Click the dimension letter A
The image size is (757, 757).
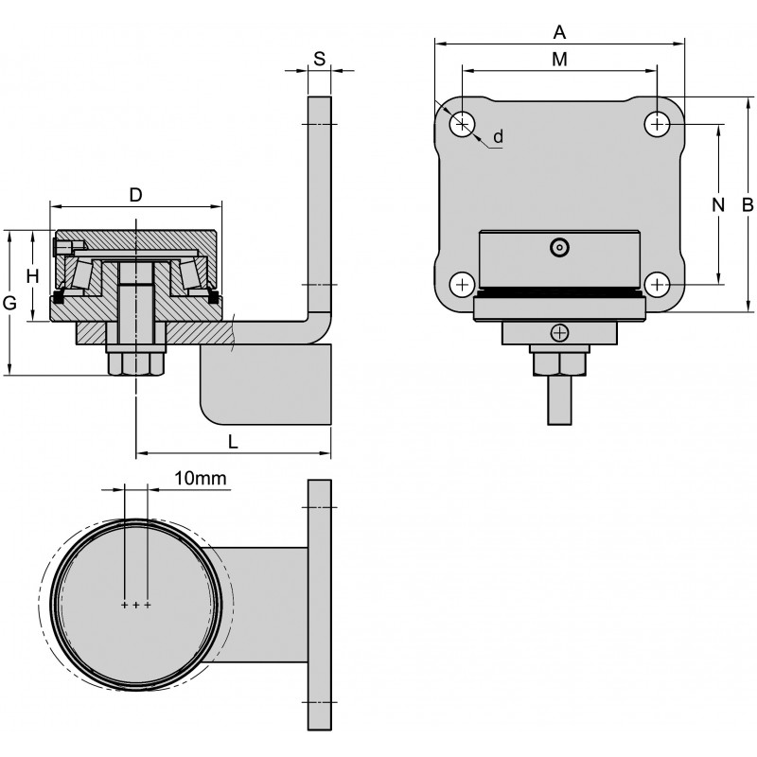point(559,32)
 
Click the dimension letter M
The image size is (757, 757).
point(559,60)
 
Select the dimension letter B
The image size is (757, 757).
point(748,203)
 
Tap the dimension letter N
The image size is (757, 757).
point(717,203)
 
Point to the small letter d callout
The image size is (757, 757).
point(499,136)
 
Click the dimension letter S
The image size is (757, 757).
point(319,59)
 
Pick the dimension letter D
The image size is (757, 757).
point(135,195)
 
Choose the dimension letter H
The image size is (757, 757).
point(32,275)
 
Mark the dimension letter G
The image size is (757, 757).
point(10,303)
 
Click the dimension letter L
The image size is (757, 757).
point(233,441)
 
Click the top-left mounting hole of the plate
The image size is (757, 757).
point(463,123)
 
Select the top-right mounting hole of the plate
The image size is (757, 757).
point(658,123)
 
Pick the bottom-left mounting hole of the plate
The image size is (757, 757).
point(463,283)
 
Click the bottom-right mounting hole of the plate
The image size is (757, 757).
point(658,283)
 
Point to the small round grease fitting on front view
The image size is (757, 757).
point(560,248)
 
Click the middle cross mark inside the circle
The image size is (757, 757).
point(136,604)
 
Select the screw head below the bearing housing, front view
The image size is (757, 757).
point(560,332)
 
